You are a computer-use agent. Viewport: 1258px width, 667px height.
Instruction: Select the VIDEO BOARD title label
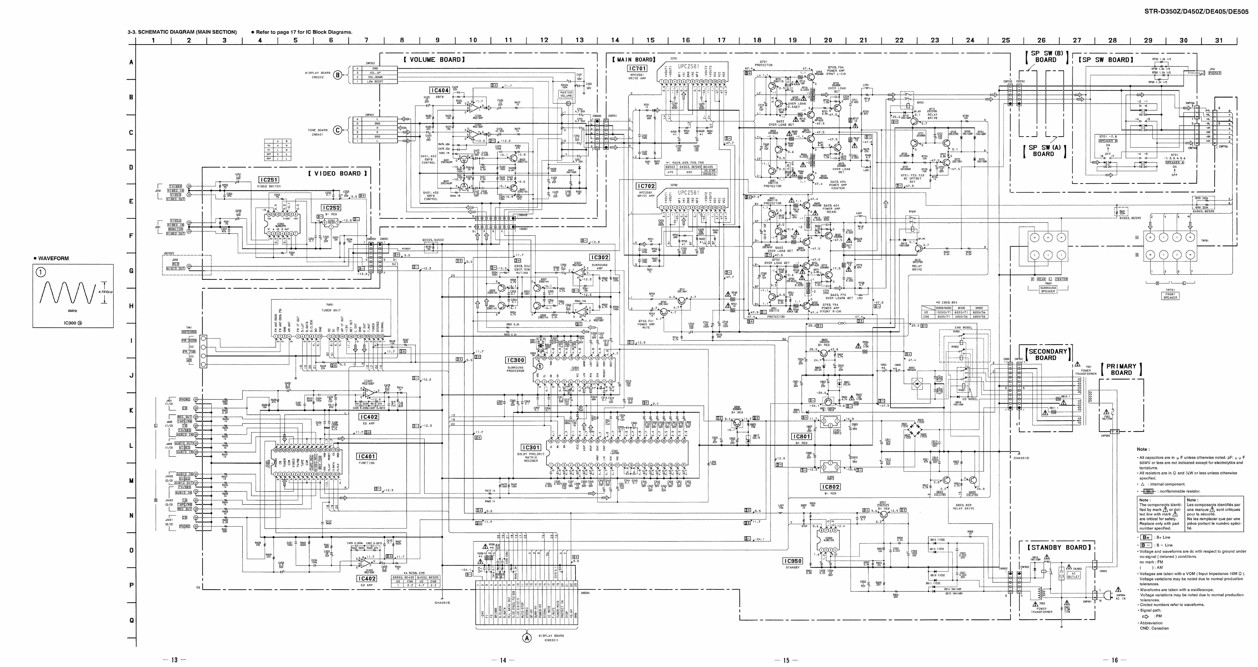pyautogui.click(x=338, y=173)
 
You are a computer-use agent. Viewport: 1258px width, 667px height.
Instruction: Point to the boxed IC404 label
pyautogui.click(x=440, y=91)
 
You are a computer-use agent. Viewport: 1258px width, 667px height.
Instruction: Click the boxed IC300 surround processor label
pyautogui.click(x=515, y=360)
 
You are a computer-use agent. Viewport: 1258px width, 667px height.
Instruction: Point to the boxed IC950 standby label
pyautogui.click(x=792, y=561)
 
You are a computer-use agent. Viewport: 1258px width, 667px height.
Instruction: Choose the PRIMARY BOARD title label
pyautogui.click(x=1121, y=369)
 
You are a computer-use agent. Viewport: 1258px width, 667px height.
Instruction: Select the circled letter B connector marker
pyautogui.click(x=338, y=75)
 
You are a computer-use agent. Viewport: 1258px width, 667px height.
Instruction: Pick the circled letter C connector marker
pyautogui.click(x=338, y=130)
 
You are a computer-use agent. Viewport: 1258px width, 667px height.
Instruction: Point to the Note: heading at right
pyautogui.click(x=1143, y=449)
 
